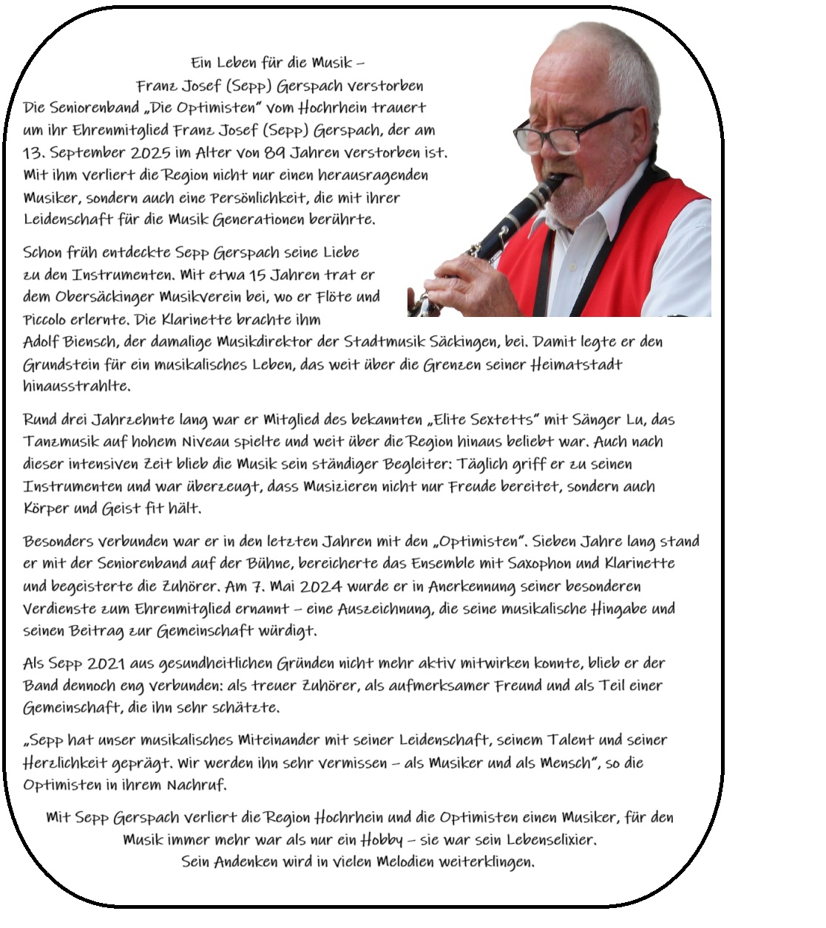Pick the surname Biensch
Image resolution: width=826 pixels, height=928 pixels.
click(x=91, y=342)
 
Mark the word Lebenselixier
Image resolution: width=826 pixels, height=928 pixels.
click(x=549, y=840)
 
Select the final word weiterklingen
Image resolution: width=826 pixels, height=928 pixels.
click(x=485, y=862)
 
